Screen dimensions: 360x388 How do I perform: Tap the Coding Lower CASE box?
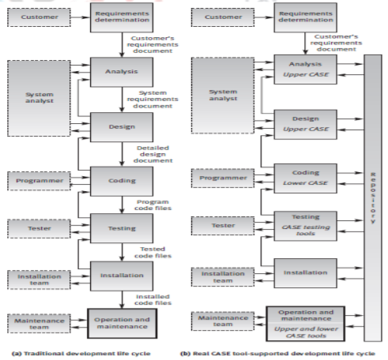(305, 178)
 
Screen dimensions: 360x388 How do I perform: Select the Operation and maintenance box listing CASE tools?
(305, 322)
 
